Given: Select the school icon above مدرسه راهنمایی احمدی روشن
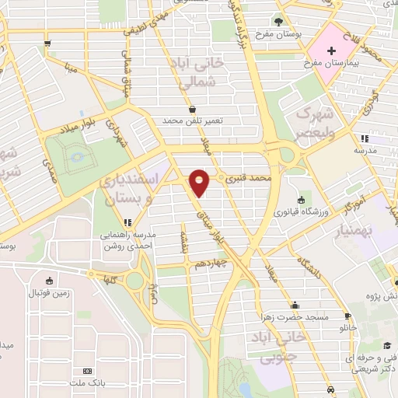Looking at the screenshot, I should coord(126,222).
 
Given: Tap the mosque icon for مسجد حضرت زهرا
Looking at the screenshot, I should coord(295,305).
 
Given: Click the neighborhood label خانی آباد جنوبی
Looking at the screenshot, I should coord(273,347).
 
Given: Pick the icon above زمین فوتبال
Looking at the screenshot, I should coord(50,281).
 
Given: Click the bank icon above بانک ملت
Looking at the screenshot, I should coord(87,372).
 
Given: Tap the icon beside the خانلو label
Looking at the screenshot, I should coord(347,316).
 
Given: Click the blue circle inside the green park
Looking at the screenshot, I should coord(77,158).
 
